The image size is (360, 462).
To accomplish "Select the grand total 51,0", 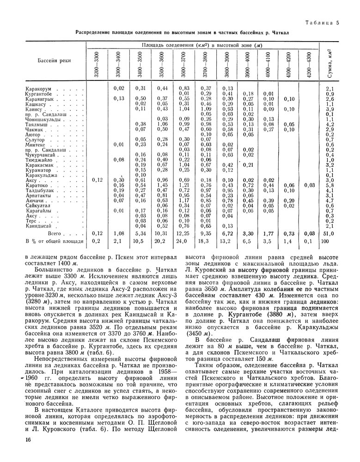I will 329,233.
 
